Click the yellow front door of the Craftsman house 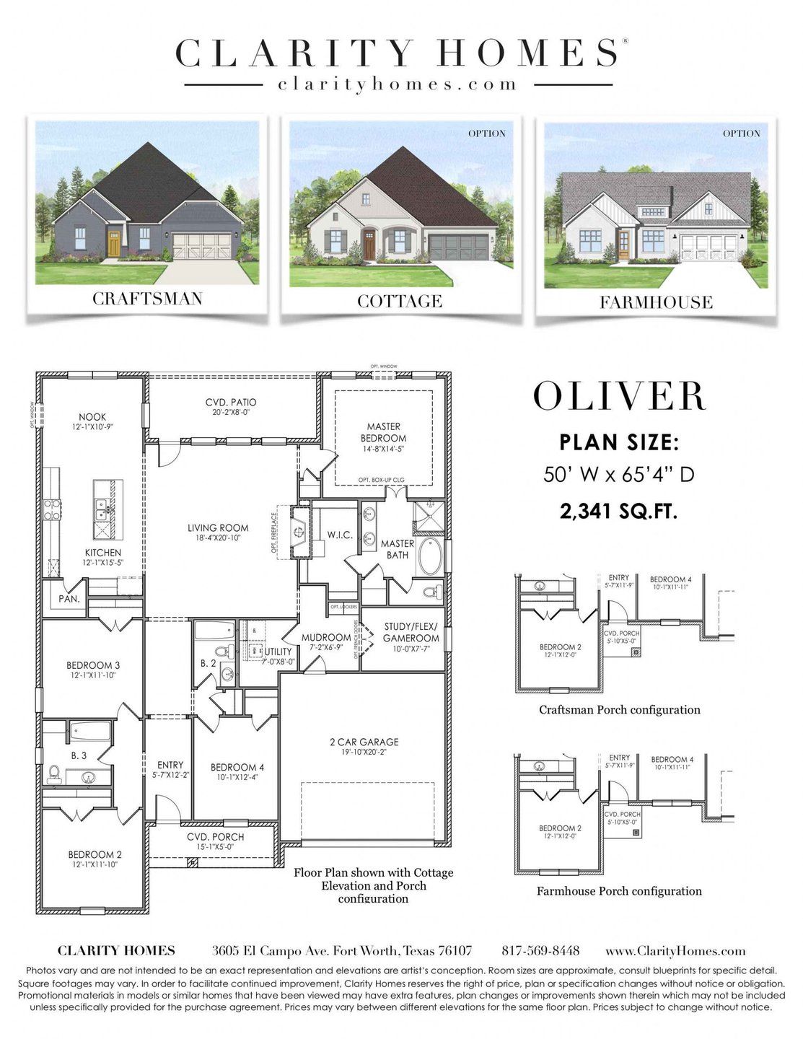coord(113,243)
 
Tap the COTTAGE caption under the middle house coord(400,301)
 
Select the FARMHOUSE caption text coord(656,302)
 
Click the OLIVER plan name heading coord(619,396)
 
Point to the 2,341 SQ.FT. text coord(619,512)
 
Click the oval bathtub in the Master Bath coord(430,556)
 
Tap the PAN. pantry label coord(69,598)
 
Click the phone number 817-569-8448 coord(540,950)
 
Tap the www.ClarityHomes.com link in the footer coord(675,951)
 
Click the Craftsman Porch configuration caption coord(619,709)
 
